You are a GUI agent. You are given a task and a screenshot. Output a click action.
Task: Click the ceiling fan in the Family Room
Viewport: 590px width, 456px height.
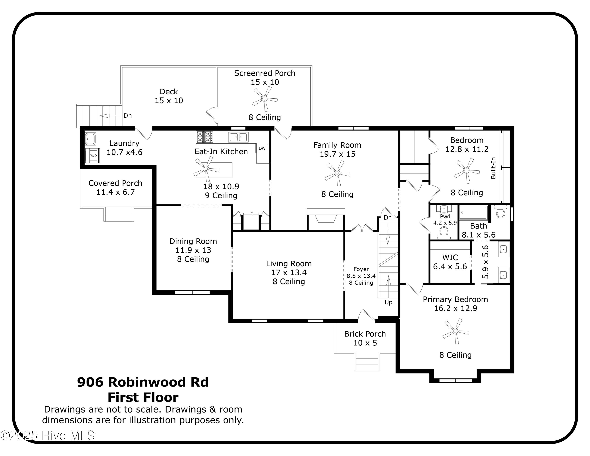(337, 173)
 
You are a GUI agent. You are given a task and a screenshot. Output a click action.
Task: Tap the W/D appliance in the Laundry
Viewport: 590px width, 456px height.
(93, 155)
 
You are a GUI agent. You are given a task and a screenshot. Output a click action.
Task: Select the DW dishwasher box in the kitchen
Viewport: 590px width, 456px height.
(262, 148)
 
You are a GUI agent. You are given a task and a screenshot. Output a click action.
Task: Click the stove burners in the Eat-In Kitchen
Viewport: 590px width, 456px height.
(205, 137)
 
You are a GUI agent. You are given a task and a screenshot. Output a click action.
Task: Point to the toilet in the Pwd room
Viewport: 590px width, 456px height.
(444, 233)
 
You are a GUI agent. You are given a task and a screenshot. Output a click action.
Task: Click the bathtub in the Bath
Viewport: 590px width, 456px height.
(474, 213)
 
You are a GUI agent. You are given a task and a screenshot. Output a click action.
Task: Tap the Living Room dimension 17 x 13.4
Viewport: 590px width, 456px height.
(289, 273)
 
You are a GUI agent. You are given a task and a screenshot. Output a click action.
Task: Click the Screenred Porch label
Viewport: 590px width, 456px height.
(265, 73)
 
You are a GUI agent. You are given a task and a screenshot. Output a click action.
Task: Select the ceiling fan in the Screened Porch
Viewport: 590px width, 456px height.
(265, 99)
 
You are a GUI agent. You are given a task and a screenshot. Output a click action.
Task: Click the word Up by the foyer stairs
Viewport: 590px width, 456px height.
(388, 302)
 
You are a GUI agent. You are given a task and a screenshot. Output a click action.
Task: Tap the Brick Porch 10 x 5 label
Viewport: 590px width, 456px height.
(365, 338)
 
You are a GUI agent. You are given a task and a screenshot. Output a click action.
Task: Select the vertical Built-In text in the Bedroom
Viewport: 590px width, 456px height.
(493, 168)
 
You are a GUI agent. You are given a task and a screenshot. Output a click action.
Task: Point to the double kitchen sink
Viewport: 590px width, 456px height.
(238, 137)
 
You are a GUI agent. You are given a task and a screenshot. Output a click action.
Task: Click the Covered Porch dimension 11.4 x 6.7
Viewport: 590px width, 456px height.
(115, 192)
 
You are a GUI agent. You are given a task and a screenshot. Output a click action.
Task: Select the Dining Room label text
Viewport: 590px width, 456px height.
(193, 241)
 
